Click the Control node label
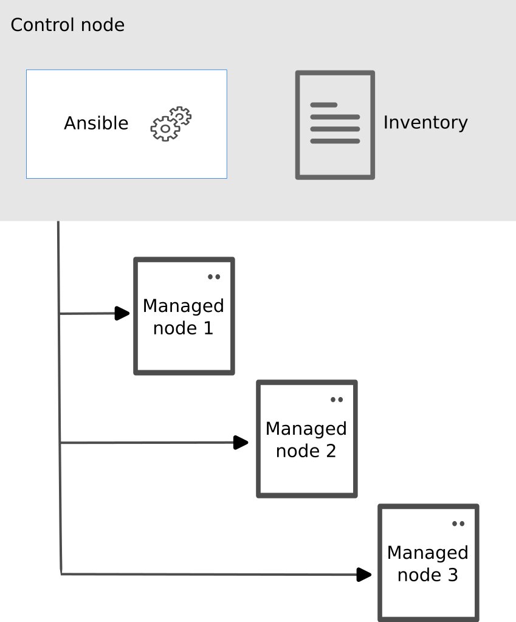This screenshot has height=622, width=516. pos(67,26)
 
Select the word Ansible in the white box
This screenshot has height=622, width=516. pos(96,123)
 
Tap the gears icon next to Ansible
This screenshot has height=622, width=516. pos(170,125)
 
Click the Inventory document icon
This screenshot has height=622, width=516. pos(335,125)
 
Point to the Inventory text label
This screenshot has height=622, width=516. pos(425,123)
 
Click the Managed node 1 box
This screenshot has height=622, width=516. pos(184,316)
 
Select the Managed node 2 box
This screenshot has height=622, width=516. pos(306,439)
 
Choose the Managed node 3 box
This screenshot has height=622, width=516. pos(428,563)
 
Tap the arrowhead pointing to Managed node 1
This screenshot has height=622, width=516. pos(123,314)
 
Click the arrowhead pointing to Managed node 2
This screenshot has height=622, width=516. pos(242,443)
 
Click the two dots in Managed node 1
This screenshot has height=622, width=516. pos(214,277)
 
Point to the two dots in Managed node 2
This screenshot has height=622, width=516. pos(337,399)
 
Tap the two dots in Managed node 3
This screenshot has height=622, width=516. pos(458,524)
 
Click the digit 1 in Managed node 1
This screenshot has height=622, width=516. pos(207,329)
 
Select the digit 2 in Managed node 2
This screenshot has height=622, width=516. pos(330,452)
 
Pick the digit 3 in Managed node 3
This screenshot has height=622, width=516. pos(452,575)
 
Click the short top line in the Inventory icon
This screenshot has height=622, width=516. pos(323,105)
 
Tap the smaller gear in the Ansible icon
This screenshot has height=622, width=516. pos(180,116)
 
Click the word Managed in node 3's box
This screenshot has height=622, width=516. pos(427,553)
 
